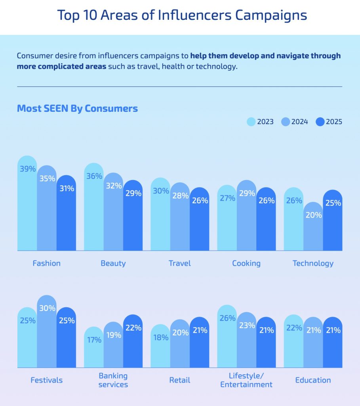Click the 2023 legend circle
click(x=251, y=122)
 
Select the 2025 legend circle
click(x=320, y=122)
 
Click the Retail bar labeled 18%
click(x=160, y=347)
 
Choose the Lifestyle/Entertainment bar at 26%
click(x=227, y=337)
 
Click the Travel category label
click(x=180, y=263)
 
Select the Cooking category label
click(x=246, y=263)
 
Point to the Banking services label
click(x=113, y=380)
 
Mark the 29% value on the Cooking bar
click(x=246, y=193)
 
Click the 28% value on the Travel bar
click(x=180, y=196)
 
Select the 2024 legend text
click(x=300, y=122)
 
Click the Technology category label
click(x=313, y=263)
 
